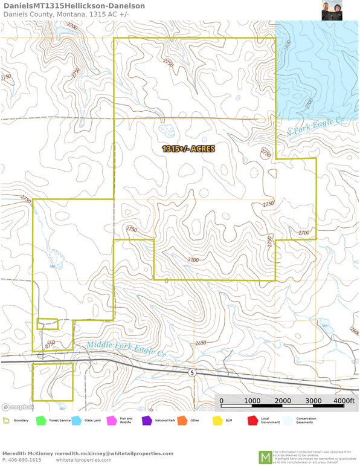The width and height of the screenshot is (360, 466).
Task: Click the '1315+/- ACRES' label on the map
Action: click(x=188, y=148)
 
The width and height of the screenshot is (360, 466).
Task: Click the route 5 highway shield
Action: click(x=191, y=372)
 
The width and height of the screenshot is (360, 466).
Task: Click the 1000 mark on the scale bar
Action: click(x=252, y=401)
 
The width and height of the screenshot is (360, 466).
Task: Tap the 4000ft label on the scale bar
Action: click(x=344, y=401)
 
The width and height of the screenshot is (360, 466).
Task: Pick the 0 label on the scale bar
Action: click(x=221, y=401)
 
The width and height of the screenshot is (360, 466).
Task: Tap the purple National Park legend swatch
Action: click(x=146, y=420)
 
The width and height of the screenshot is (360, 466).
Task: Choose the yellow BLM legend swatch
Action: click(x=217, y=420)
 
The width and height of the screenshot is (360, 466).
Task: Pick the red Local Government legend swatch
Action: click(x=252, y=420)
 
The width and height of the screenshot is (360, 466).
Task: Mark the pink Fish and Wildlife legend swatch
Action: click(x=111, y=420)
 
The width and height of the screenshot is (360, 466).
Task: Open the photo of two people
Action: click(x=332, y=10)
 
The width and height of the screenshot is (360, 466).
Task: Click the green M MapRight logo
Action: click(x=265, y=458)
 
